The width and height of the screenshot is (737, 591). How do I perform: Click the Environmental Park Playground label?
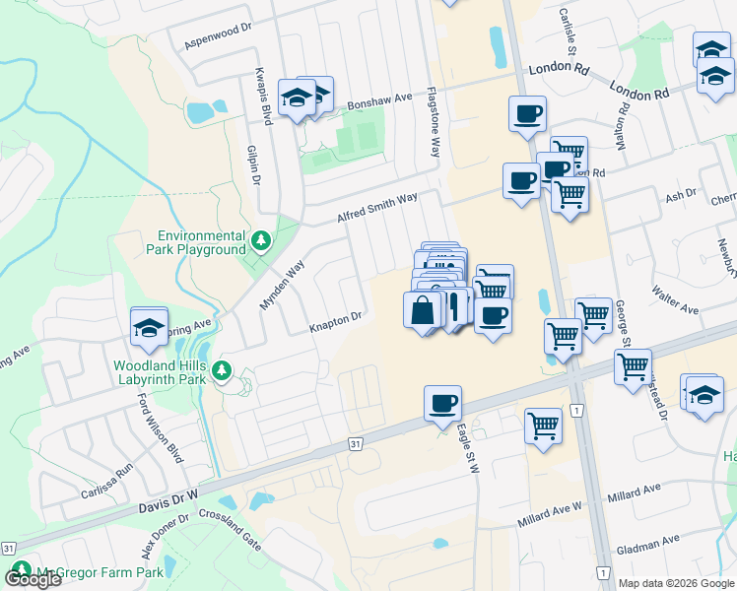click(202, 242)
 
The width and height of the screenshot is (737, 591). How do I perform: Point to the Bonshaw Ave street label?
click(379, 100)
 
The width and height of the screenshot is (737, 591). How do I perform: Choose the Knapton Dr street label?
click(337, 320)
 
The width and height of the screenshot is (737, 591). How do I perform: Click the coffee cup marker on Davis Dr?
click(442, 403)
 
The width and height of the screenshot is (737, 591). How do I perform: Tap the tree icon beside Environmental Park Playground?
click(261, 240)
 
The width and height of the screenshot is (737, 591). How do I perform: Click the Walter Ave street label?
click(674, 299)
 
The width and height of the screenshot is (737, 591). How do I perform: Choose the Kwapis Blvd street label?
click(265, 97)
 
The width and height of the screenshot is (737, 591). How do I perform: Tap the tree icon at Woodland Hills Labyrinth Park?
click(224, 370)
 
